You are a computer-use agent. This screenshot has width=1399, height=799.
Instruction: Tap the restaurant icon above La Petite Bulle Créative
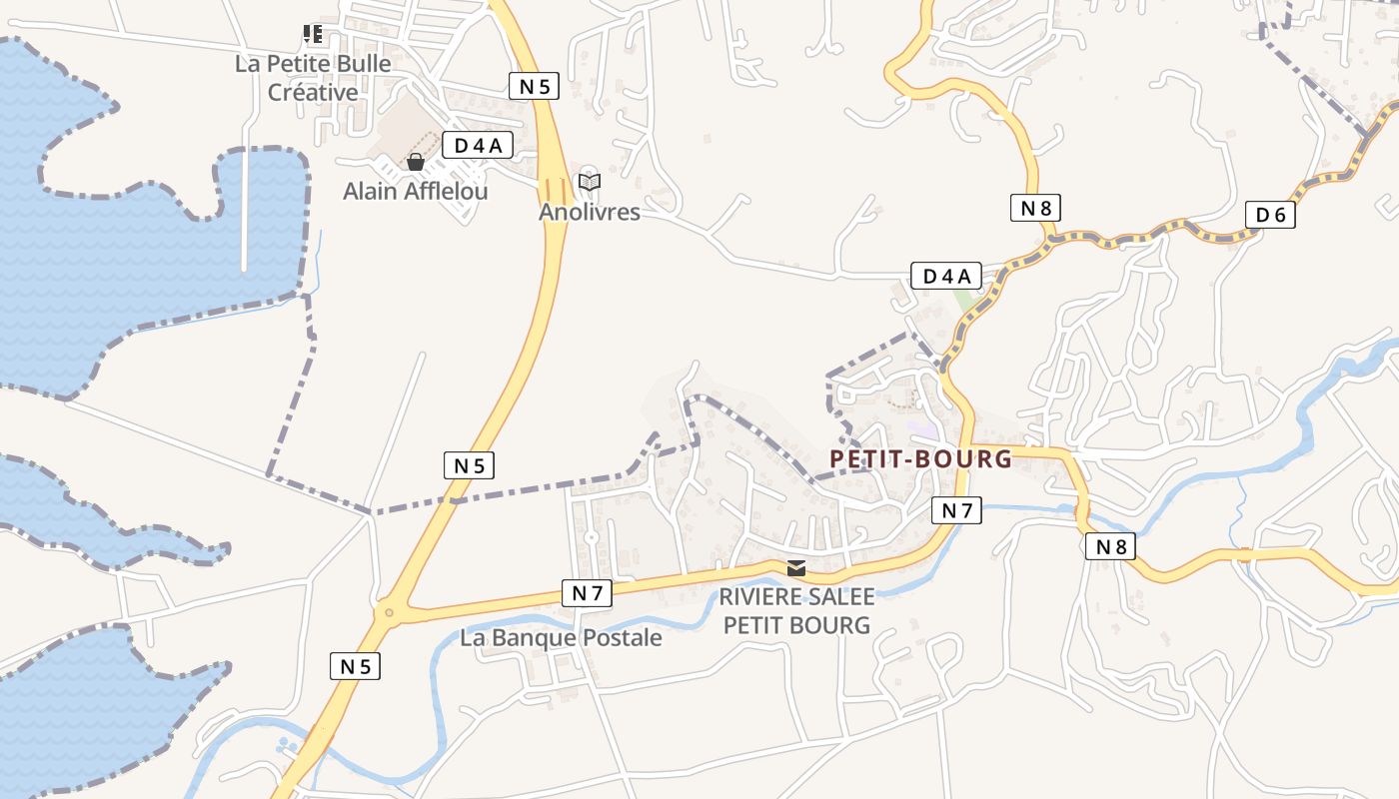pos(314,35)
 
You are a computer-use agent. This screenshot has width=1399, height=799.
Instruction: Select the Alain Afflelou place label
pos(416,191)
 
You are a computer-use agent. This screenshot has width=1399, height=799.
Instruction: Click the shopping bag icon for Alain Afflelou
pos(416,162)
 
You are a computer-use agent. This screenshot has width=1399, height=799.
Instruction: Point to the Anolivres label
pos(590,212)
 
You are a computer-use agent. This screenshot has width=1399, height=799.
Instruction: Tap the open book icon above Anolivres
pos(590,183)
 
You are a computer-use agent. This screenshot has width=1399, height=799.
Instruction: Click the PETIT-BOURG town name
pos(920,458)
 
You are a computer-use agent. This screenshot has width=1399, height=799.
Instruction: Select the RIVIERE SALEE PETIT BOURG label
pos(796,611)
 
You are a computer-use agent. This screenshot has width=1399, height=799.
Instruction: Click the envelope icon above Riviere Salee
pos(795,568)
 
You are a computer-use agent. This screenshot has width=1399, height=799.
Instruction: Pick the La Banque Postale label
pos(561,637)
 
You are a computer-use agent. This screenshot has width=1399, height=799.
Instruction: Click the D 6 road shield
pos(1270,215)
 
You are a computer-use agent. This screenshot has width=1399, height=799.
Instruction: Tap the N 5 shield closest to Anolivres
pos(535,86)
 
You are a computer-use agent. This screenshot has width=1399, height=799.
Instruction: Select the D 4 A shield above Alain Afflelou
pos(478,146)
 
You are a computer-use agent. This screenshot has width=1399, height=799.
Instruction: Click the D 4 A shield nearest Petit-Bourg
pos(945,276)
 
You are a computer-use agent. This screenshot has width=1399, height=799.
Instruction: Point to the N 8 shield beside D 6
pos(1035,208)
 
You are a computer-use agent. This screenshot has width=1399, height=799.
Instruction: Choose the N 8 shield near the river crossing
pos(1110,546)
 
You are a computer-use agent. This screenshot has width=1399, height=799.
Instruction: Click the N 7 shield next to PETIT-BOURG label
pos(956,510)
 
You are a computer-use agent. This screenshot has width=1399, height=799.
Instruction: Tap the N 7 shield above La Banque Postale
pos(587,593)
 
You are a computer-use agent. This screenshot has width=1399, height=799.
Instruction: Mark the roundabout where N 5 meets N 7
pos(388,612)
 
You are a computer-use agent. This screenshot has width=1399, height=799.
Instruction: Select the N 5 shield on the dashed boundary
pos(469,465)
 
